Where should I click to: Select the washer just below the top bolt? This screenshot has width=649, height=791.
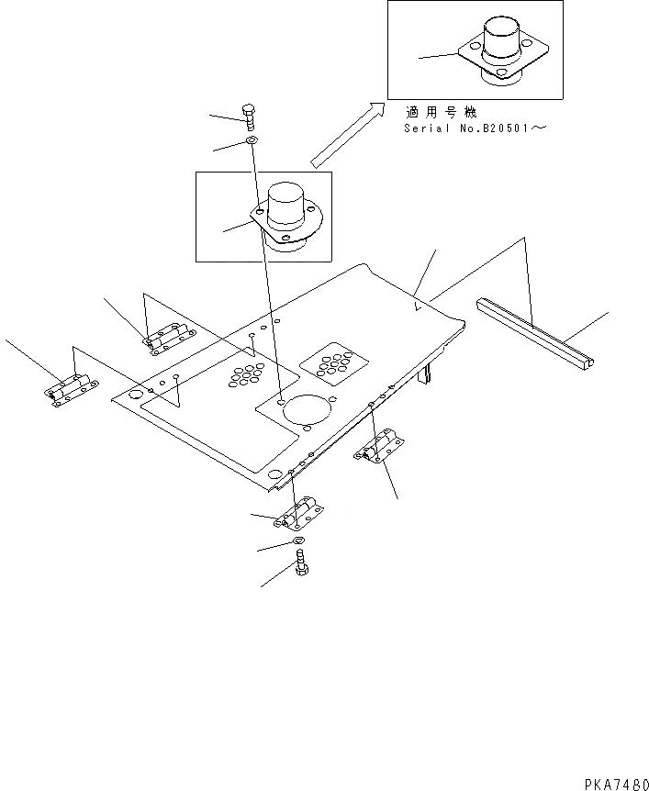point(251,141)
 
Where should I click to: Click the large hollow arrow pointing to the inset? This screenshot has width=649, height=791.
point(347,134)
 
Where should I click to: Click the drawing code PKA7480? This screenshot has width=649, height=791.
point(615,782)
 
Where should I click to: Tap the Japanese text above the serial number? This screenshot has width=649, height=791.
point(441,113)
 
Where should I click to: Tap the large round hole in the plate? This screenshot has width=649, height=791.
point(307,410)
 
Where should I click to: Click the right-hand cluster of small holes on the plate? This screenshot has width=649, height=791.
point(330,364)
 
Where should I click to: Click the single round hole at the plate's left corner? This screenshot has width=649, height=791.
point(135,395)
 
